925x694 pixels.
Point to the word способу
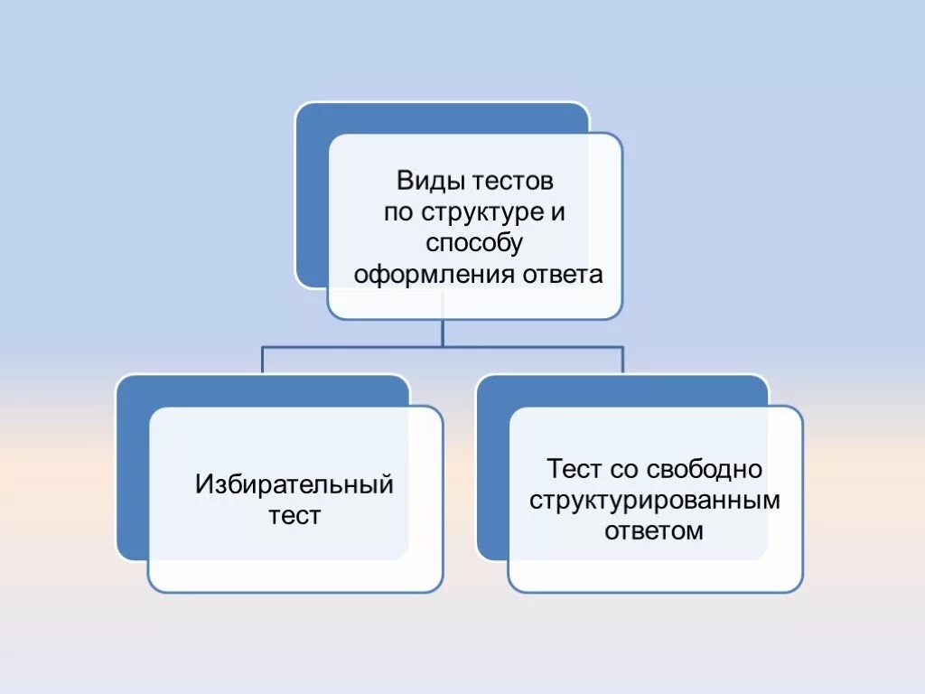(474, 244)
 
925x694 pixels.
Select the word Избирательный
(294, 485)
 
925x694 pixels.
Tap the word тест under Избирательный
(294, 517)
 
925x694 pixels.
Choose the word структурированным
(655, 501)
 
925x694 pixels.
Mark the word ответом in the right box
(655, 531)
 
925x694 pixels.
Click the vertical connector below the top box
(443, 333)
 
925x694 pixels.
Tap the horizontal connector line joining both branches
(361, 346)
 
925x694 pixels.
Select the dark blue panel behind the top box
(311, 199)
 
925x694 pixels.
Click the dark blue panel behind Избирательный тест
(131, 470)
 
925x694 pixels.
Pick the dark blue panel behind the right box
(491, 470)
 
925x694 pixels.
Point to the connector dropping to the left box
(262, 360)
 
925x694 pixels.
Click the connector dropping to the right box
(622, 360)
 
